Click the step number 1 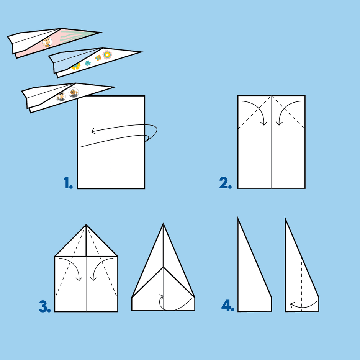click(x=68, y=183)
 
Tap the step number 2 click(x=225, y=183)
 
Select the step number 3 click(x=45, y=306)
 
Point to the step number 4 click(x=228, y=306)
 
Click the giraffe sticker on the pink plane click(x=47, y=42)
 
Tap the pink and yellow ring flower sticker click(x=107, y=55)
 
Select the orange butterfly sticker click(x=98, y=58)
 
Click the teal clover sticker click(x=87, y=63)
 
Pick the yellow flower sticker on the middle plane click(x=76, y=66)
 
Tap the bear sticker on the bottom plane click(x=74, y=93)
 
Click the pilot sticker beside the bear click(x=61, y=97)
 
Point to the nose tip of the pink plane click(x=101, y=33)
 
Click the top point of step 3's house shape click(x=86, y=224)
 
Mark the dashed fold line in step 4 click(x=302, y=285)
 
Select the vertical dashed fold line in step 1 click(x=111, y=142)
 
